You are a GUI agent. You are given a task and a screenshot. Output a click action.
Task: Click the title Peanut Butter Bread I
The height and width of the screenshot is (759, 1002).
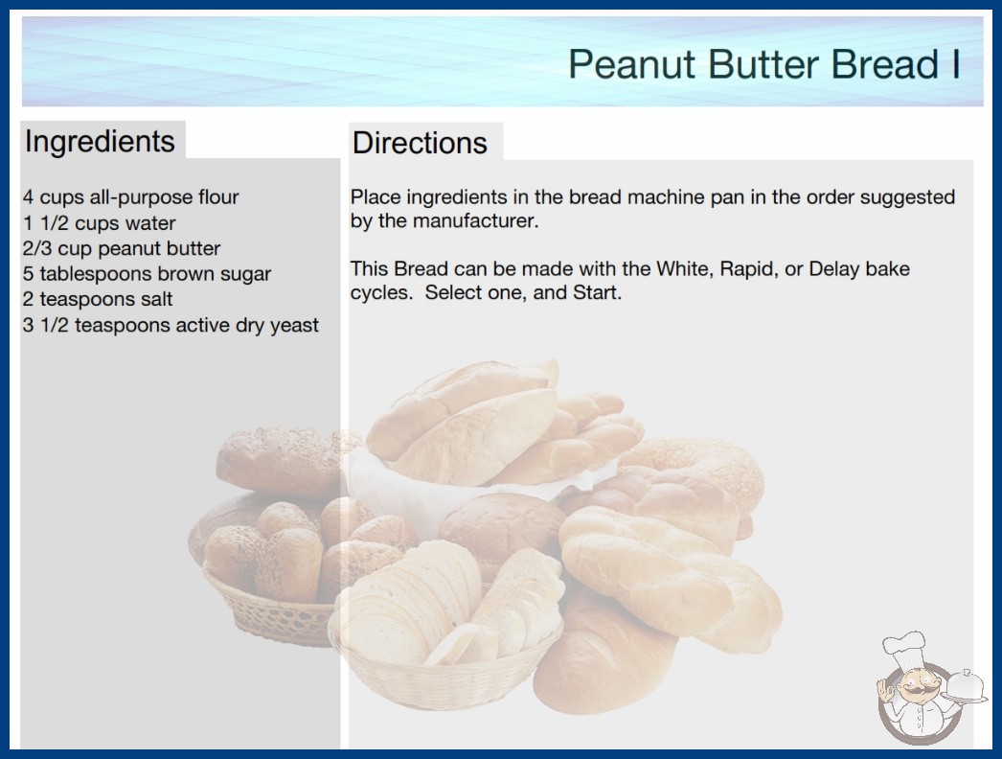pyautogui.click(x=764, y=64)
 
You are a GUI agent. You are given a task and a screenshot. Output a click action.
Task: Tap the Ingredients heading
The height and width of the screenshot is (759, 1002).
pyautogui.click(x=100, y=142)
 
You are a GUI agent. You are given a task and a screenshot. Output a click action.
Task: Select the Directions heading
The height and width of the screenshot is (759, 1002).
pyautogui.click(x=420, y=143)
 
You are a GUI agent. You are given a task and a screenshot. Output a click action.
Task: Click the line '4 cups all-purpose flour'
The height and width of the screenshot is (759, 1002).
pyautogui.click(x=130, y=197)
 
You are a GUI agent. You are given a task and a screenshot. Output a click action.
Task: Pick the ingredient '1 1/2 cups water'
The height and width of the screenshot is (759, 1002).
pyautogui.click(x=99, y=223)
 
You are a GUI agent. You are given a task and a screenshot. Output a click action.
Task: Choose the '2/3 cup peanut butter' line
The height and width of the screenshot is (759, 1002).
pyautogui.click(x=122, y=248)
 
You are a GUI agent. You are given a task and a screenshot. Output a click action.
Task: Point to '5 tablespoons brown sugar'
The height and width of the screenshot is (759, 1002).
pyautogui.click(x=147, y=274)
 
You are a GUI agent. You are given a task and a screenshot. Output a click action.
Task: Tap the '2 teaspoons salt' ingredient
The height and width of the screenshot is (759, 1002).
pyautogui.click(x=98, y=299)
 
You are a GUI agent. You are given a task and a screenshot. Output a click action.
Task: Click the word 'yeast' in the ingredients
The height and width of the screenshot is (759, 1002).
pyautogui.click(x=294, y=326)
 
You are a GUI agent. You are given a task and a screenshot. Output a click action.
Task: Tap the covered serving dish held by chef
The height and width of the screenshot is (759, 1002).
pyautogui.click(x=966, y=687)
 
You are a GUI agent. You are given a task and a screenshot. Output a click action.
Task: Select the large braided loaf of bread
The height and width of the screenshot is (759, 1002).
pyautogui.click(x=670, y=580)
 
